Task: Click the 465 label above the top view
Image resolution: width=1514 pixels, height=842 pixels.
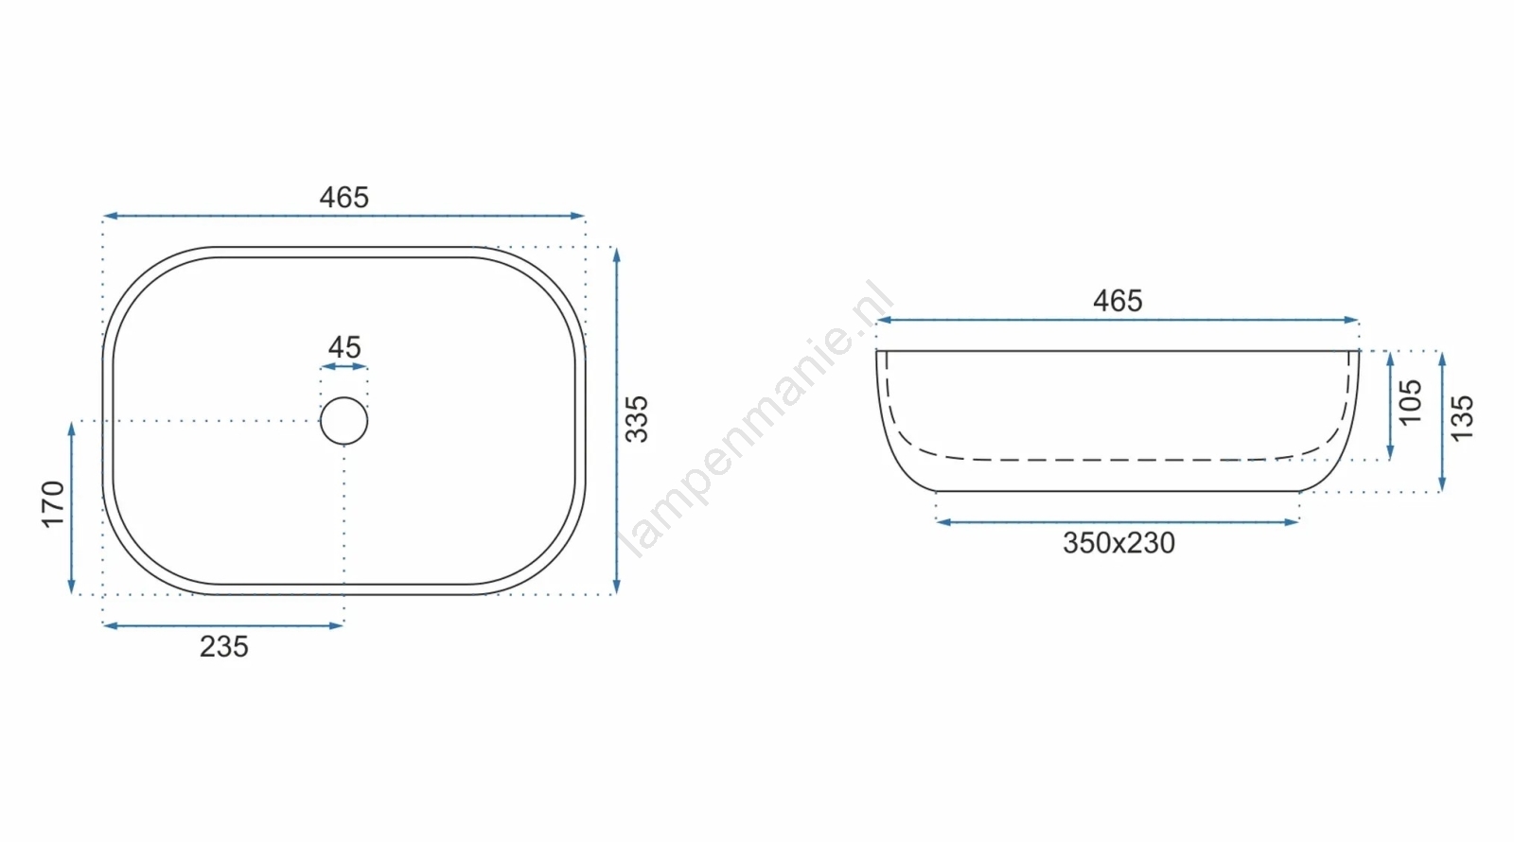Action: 344,198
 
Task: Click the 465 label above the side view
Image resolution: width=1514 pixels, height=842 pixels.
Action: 1118,301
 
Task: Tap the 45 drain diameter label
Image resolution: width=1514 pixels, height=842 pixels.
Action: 344,347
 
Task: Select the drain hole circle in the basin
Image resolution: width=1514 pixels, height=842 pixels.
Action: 344,397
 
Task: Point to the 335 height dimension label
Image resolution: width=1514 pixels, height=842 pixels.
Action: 637,420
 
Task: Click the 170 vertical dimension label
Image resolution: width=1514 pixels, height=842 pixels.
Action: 53,505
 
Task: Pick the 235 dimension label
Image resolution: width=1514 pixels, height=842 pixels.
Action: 224,647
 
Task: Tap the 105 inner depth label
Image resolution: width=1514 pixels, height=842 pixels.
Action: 1411,402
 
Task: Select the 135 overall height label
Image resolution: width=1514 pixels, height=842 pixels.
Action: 1462,419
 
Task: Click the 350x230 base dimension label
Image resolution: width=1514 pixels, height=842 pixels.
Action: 1119,543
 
